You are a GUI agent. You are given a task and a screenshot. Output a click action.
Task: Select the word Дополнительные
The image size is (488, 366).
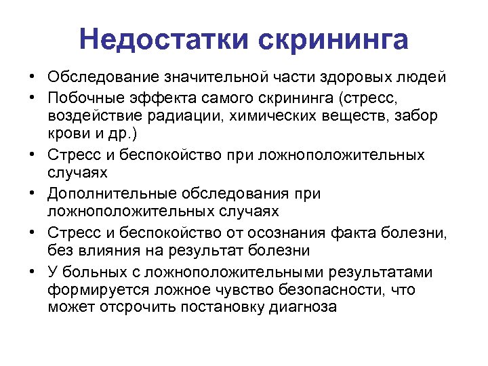pos(108,194)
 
